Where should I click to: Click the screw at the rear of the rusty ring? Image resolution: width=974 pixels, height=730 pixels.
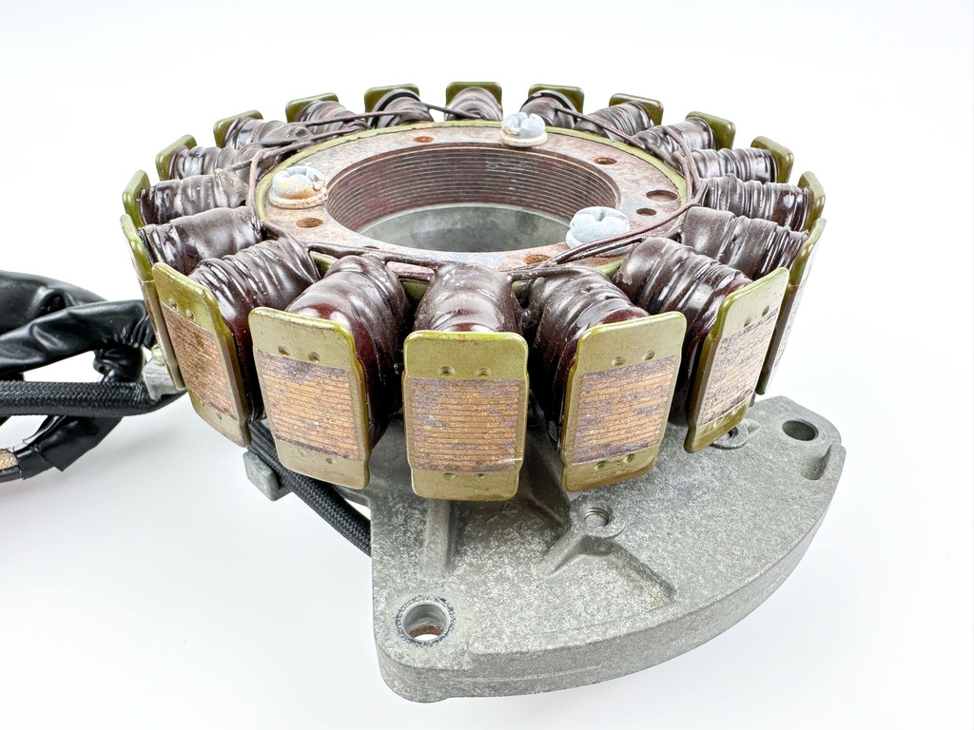(x=524, y=127)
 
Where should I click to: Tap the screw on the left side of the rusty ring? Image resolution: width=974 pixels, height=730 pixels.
(x=297, y=184)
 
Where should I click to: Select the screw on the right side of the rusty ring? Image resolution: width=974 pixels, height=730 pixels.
(x=597, y=226)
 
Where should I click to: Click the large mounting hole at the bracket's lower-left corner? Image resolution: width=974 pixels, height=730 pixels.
(x=424, y=621)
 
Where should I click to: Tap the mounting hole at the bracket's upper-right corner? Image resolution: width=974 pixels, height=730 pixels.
(x=799, y=431)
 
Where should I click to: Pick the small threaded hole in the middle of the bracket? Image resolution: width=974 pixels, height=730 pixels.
(x=596, y=517)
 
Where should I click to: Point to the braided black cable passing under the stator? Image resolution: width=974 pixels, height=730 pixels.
(x=323, y=494)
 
